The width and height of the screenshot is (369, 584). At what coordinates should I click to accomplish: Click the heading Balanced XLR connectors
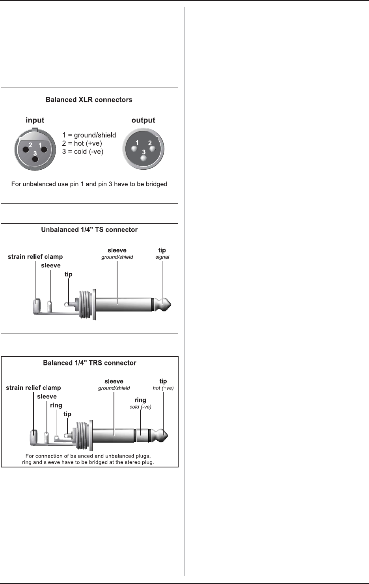[x=89, y=100]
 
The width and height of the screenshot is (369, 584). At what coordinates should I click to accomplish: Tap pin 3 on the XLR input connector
[x=35, y=159]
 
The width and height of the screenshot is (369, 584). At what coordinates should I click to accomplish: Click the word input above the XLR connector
[x=35, y=120]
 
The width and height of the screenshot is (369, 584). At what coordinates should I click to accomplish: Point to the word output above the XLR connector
[x=143, y=120]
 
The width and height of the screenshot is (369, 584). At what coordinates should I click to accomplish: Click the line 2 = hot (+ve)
[x=82, y=143]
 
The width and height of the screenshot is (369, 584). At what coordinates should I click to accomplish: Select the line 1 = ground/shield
[x=89, y=135]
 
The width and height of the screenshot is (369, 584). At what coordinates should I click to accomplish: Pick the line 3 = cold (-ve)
[x=83, y=152]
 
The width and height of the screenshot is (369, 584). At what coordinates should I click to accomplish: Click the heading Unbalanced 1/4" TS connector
[x=89, y=229]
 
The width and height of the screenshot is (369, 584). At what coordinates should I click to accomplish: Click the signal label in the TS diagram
[x=162, y=257]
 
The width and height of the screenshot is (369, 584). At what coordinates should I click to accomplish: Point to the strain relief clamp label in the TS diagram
[x=35, y=257]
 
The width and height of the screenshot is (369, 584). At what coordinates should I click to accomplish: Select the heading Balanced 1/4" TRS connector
[x=89, y=363]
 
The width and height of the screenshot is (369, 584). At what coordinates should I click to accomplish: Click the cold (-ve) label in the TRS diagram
[x=140, y=407]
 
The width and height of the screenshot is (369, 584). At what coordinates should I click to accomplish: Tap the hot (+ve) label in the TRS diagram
[x=163, y=388]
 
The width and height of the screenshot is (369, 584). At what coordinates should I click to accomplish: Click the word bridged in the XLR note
[x=156, y=184]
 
